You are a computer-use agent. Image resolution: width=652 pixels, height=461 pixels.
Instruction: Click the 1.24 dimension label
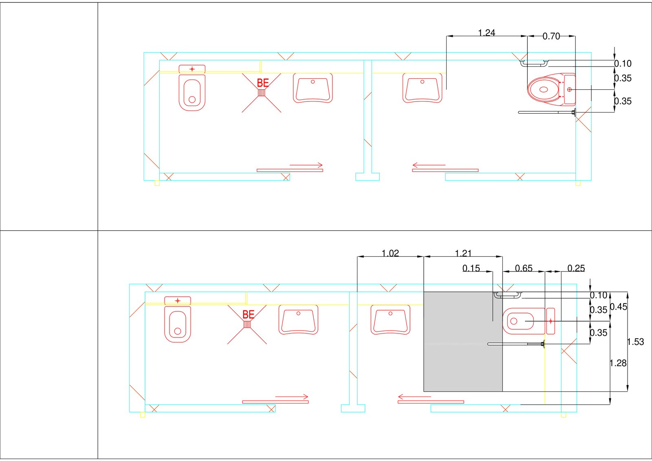(486, 33)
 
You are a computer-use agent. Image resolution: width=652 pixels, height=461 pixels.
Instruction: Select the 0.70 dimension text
(551, 36)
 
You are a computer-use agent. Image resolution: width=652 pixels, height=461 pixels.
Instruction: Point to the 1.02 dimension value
(390, 253)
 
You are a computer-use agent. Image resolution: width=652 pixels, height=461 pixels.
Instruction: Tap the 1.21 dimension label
(463, 253)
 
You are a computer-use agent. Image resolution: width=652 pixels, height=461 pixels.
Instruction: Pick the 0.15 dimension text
(471, 268)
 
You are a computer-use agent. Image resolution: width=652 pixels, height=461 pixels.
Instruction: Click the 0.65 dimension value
(523, 268)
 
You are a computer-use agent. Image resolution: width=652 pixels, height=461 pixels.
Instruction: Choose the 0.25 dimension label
(576, 268)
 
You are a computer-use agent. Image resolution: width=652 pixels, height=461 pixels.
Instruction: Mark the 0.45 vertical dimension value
(619, 307)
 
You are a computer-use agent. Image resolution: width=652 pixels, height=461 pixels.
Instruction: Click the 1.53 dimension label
(636, 342)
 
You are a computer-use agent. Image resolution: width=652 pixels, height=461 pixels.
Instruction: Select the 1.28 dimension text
(618, 363)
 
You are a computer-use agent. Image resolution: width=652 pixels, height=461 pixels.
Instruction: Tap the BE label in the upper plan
(263, 83)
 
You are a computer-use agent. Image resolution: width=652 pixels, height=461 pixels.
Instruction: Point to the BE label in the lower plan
(248, 314)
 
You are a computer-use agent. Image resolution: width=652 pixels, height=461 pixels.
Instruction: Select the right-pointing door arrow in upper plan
(306, 165)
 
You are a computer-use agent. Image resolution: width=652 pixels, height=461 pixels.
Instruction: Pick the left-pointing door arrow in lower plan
(414, 396)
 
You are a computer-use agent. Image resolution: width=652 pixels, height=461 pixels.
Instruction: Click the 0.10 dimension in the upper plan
(623, 64)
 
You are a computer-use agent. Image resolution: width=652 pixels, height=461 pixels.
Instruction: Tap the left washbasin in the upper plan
(313, 88)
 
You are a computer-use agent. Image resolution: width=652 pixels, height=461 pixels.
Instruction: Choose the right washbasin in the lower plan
(390, 320)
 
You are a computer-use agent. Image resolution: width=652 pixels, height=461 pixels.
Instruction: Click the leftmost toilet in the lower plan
(177, 324)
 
